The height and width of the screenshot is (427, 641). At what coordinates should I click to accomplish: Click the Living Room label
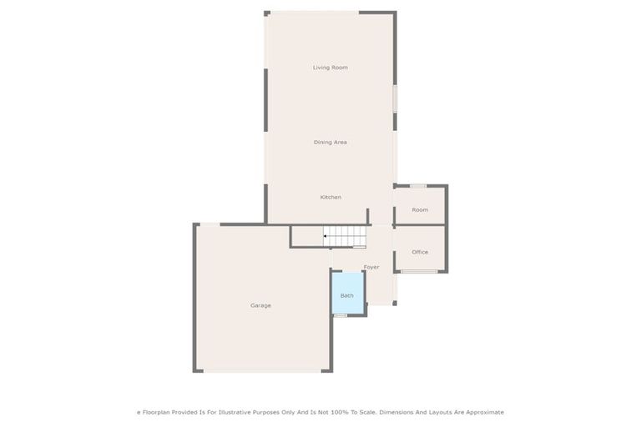330,68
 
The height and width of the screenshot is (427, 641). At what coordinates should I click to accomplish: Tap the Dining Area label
330,143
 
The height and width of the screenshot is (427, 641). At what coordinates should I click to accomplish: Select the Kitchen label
331,197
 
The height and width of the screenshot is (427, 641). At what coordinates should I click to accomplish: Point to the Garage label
260,305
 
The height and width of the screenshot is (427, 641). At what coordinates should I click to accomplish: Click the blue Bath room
347,294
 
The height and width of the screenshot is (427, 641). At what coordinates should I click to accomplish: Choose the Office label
420,252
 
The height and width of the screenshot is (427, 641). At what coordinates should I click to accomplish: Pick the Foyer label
371,267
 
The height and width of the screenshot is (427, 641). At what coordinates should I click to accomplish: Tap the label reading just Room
420,209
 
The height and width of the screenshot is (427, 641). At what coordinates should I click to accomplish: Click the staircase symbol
346,236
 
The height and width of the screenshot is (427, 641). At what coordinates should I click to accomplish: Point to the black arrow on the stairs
325,236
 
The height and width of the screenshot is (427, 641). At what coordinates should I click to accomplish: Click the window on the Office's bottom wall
419,271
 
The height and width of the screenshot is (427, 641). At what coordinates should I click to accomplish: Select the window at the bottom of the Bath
341,315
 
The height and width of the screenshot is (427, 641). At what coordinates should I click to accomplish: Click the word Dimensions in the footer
396,412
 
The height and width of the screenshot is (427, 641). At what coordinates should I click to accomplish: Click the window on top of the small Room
418,186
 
